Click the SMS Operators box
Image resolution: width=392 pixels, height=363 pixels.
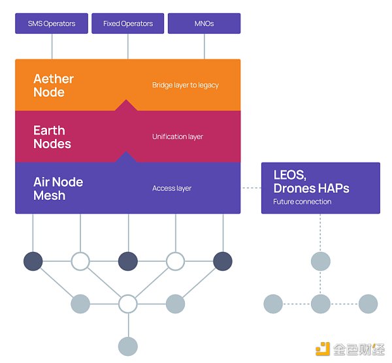pyautogui.click(x=52, y=24)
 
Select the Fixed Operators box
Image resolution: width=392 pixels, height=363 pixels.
pyautogui.click(x=128, y=24)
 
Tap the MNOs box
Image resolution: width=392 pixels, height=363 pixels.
pyautogui.click(x=204, y=24)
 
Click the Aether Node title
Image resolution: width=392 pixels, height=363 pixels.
pyautogui.click(x=54, y=86)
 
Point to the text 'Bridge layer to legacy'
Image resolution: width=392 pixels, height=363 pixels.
pyautogui.click(x=186, y=85)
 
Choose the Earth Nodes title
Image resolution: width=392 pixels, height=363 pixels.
pyautogui.click(x=52, y=137)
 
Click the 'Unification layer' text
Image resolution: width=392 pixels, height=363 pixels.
pyautogui.click(x=178, y=137)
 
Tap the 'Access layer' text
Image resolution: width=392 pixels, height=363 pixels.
pyautogui.click(x=172, y=189)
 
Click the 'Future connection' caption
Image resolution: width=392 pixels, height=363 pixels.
pyautogui.click(x=302, y=202)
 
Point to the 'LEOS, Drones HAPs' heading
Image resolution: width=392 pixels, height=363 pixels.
pyautogui.click(x=311, y=182)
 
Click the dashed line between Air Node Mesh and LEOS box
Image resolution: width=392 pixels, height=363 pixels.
pyautogui.click(x=251, y=188)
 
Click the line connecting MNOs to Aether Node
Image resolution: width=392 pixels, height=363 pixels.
pyautogui.click(x=204, y=46)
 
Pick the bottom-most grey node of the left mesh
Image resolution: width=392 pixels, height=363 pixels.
pyautogui.click(x=128, y=346)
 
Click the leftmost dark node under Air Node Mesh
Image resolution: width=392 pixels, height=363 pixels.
pyautogui.click(x=33, y=261)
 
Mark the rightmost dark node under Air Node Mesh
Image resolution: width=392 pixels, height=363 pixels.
pyautogui.click(x=223, y=261)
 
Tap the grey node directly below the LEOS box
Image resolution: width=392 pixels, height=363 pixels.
pyautogui.click(x=320, y=262)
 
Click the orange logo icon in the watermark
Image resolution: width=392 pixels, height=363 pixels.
pyautogui.click(x=323, y=349)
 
